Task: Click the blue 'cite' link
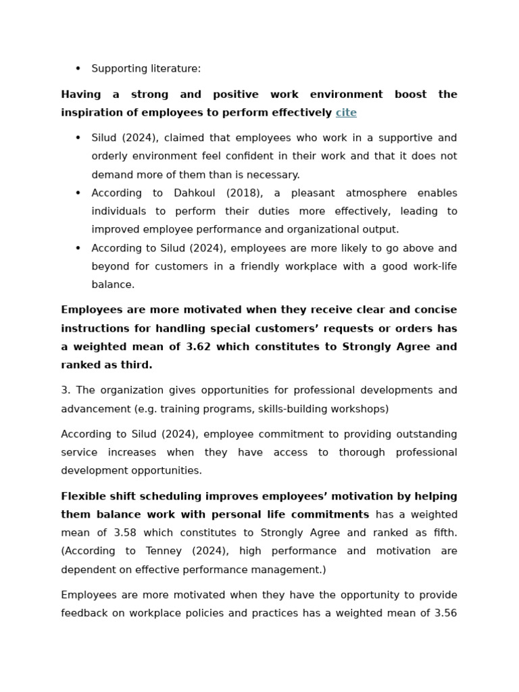pos(346,113)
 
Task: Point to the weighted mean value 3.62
pos(199,347)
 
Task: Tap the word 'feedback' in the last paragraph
pos(85,614)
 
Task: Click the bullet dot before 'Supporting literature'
pos(78,69)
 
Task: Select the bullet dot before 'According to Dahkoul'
pos(78,193)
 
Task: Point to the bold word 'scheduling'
pos(173,497)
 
